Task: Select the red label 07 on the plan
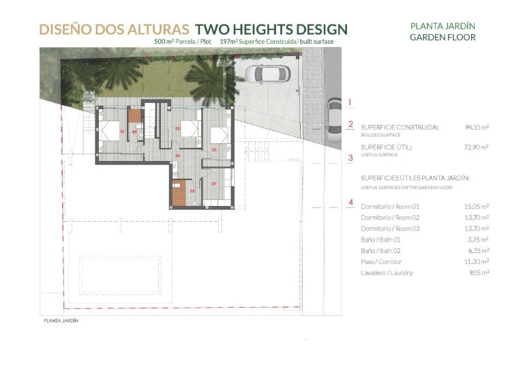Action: tap(213, 184)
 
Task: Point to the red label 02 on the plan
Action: tap(177, 128)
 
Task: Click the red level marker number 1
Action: tap(350, 102)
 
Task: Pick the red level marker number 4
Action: tap(350, 202)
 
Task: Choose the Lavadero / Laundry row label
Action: tap(387, 273)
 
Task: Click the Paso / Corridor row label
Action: tap(381, 262)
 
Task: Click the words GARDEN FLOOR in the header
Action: tap(442, 38)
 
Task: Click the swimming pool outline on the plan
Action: tap(121, 271)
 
